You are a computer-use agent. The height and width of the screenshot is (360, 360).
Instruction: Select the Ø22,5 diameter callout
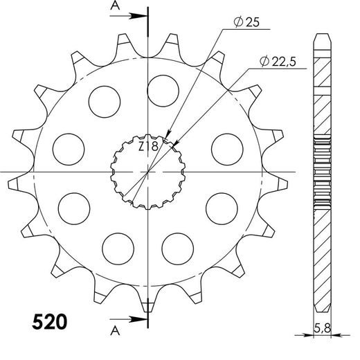(278, 62)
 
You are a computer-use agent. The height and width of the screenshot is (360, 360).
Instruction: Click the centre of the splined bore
(148, 171)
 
